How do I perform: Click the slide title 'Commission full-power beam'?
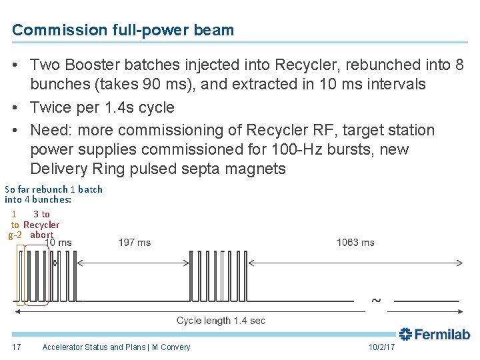[123, 30]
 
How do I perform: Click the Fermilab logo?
[435, 334]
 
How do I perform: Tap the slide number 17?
[16, 347]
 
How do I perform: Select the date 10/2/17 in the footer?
[381, 347]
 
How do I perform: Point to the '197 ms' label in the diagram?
[134, 243]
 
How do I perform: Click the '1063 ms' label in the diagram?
[355, 243]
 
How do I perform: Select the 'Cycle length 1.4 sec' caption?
[221, 321]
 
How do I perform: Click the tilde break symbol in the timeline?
[376, 301]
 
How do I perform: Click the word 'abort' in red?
[41, 235]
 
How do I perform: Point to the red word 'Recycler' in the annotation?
[41, 225]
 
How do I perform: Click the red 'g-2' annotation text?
[15, 235]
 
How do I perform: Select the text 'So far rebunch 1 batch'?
[53, 189]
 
